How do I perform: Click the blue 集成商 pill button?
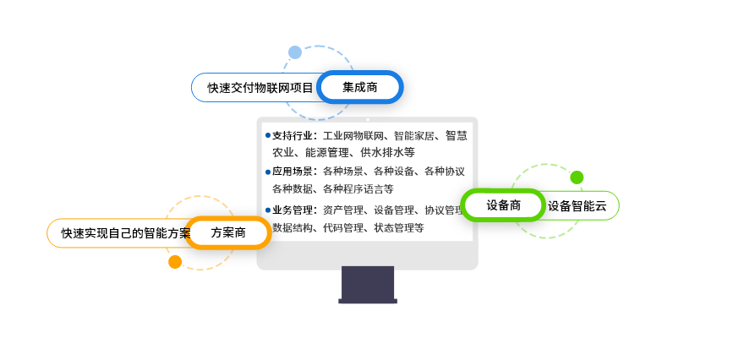pyautogui.click(x=359, y=87)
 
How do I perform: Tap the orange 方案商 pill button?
pyautogui.click(x=227, y=233)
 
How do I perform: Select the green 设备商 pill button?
pyautogui.click(x=503, y=205)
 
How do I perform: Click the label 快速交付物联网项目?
pyautogui.click(x=260, y=88)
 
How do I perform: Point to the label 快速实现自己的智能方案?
pyautogui.click(x=126, y=233)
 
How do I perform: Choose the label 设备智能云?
pyautogui.click(x=577, y=206)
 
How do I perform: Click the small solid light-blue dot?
pyautogui.click(x=295, y=52)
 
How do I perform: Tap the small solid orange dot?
pyautogui.click(x=175, y=262)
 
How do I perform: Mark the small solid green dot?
pyautogui.click(x=577, y=177)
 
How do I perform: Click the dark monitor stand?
pyautogui.click(x=368, y=285)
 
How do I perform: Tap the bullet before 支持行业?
pyautogui.click(x=268, y=136)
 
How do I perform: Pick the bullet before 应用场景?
pyautogui.click(x=268, y=172)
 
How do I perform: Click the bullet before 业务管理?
pyautogui.click(x=268, y=210)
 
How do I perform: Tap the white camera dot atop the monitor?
pyautogui.click(x=368, y=119)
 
